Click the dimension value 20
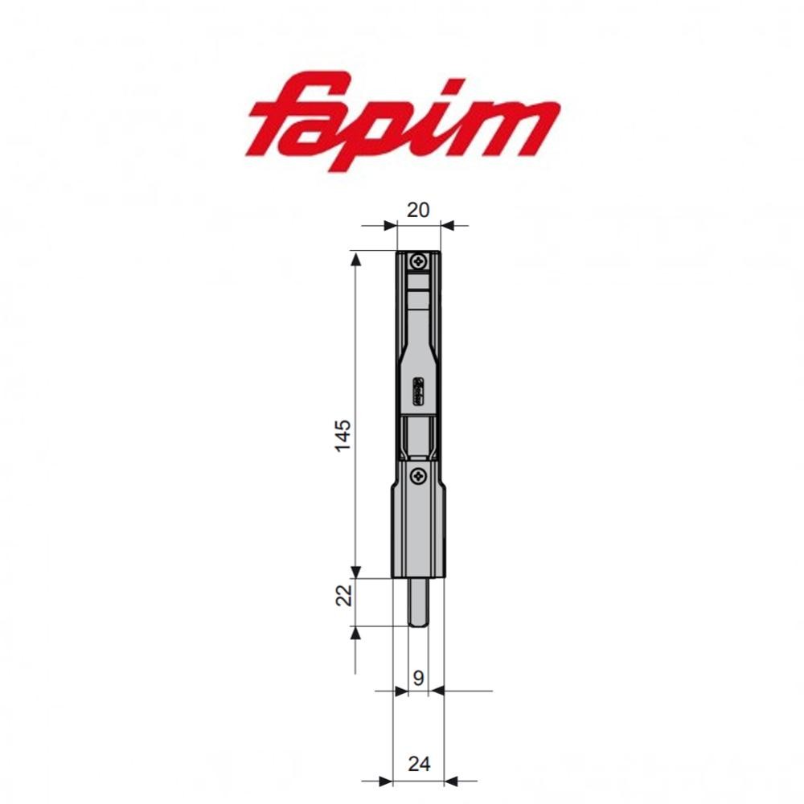[x=418, y=210]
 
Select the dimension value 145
[x=343, y=435]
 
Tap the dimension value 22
[x=343, y=596]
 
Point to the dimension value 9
[x=418, y=678]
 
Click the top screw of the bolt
[x=419, y=261]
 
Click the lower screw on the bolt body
[x=418, y=477]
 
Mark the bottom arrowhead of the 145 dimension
[x=355, y=571]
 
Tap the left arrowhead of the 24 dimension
[x=385, y=780]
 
